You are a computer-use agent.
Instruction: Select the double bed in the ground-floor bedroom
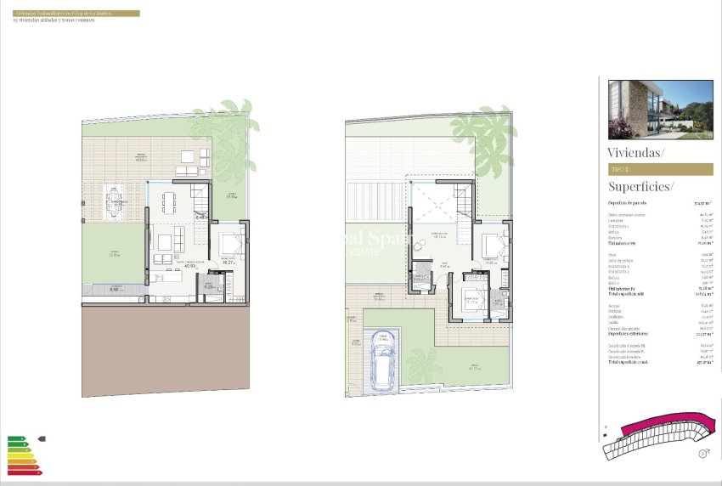pos(229,246)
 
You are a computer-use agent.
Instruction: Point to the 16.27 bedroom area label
pos(228,263)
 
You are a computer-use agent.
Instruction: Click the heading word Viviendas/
pos(636,152)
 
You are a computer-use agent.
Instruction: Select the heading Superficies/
pos(640,186)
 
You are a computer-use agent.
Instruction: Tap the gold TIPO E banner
pos(660,169)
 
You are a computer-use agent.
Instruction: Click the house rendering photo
pos(660,110)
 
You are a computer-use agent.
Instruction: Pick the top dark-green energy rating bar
pos(15,438)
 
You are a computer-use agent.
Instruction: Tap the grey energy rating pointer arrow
pos(42,439)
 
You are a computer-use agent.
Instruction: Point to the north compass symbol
pos(703,455)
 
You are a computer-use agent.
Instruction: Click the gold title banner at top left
pos(76,14)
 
